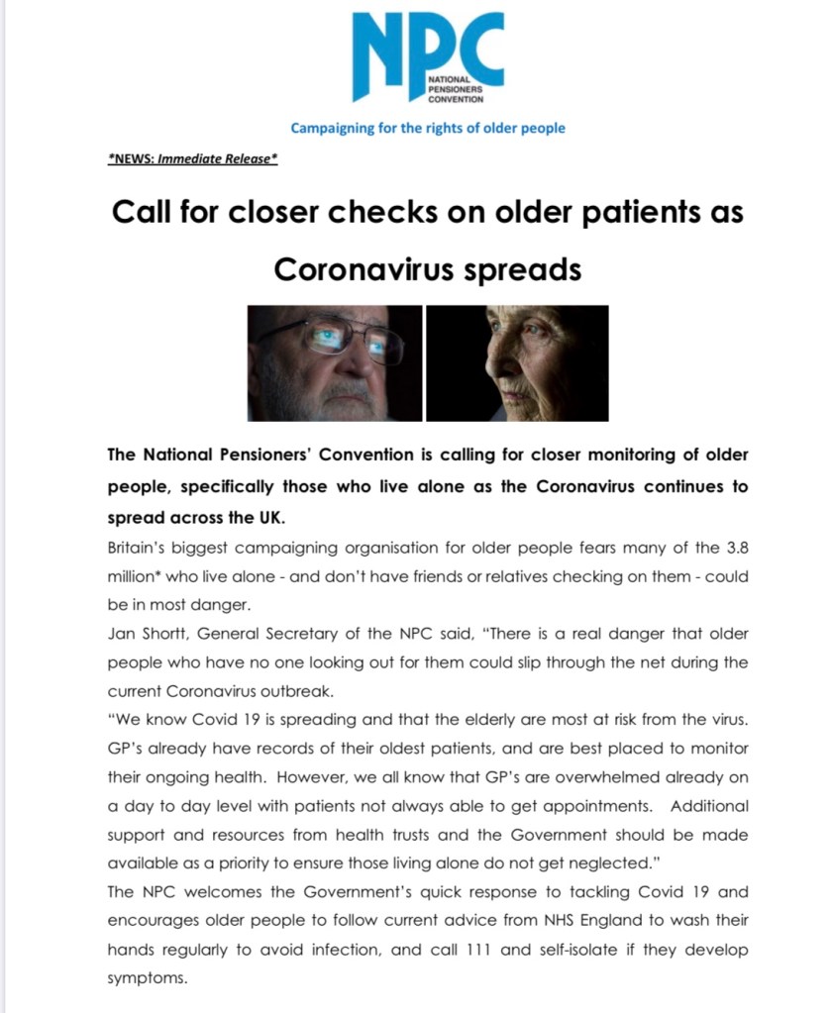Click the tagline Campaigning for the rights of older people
[x=428, y=128]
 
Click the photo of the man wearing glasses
[x=335, y=362]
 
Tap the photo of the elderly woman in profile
[x=517, y=362]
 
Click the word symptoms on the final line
[x=147, y=977]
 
